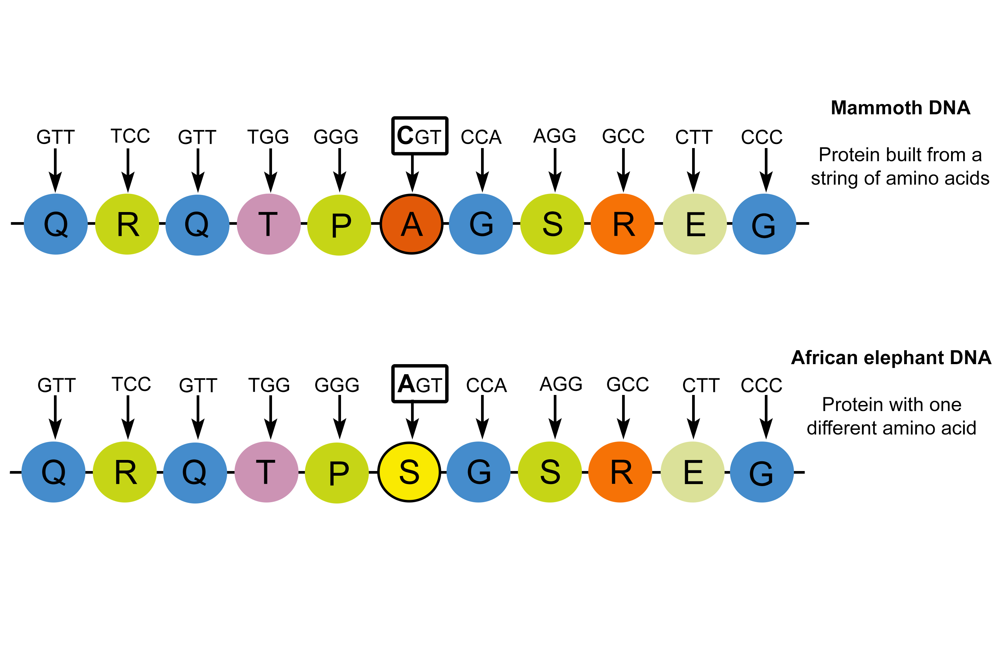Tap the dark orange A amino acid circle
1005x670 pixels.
point(411,224)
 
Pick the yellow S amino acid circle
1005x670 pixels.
point(409,472)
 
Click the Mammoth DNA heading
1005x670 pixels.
point(900,108)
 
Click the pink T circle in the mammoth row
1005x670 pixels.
point(268,224)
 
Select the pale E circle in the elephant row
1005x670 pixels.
point(693,472)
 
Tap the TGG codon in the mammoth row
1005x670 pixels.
point(268,137)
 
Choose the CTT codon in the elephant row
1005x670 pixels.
point(701,386)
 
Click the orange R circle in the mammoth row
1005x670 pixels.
point(622,224)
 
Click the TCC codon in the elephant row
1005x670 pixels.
point(131,384)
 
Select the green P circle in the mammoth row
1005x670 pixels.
point(339,225)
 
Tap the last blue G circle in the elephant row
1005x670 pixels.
point(762,472)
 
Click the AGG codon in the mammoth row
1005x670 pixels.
point(555,136)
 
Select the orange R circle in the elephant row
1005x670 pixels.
point(620,472)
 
